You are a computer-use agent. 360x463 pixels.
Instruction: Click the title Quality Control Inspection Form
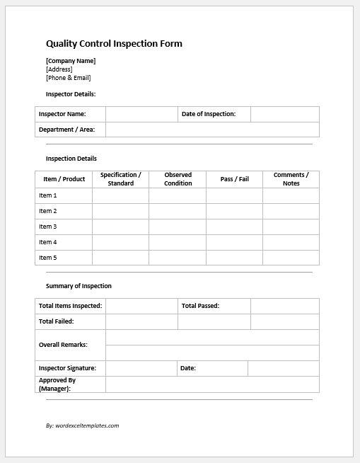coord(114,44)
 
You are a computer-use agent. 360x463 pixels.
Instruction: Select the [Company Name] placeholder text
coord(71,61)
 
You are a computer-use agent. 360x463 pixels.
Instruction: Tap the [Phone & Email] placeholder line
coord(69,78)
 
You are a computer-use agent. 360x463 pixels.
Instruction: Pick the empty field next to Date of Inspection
coord(284,114)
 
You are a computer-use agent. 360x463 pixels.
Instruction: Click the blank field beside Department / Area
coord(212,130)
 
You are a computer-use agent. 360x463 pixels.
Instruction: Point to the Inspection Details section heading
coord(71,159)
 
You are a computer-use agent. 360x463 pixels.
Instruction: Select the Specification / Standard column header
coord(120,179)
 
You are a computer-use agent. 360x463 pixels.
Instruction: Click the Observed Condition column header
coord(178,179)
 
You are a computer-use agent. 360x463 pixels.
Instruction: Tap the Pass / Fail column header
coord(234,179)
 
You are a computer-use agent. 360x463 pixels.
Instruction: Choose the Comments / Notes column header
coord(291,179)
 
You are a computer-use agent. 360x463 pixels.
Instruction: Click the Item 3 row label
coord(48,227)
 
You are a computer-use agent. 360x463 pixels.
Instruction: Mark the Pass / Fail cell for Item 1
coord(234,195)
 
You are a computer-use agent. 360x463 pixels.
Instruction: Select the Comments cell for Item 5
coord(291,258)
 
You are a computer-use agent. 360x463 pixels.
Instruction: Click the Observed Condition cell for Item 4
coord(178,242)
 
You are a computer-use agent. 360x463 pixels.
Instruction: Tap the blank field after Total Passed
coord(284,306)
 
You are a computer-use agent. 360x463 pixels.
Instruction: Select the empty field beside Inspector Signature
coord(141,368)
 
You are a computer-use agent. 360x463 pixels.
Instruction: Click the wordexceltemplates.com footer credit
coord(82,425)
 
